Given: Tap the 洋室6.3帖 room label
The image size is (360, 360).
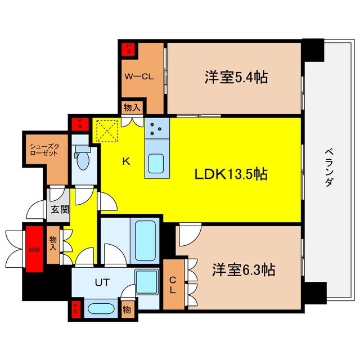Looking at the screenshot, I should [243, 270].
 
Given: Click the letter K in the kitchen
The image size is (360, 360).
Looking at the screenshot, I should [127, 162].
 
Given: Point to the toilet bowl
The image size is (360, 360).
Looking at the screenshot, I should [83, 159].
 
